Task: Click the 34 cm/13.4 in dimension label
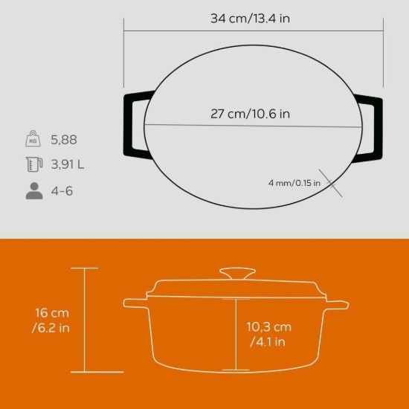[251, 19]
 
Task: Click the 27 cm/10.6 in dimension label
[249, 114]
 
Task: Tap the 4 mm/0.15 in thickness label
[294, 182]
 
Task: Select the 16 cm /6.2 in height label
[52, 319]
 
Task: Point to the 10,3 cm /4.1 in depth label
[268, 334]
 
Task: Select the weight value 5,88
[64, 139]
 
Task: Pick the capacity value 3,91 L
[67, 164]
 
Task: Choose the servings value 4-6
[62, 190]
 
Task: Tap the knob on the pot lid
[236, 273]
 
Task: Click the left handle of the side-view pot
[135, 303]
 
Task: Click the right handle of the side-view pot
[337, 303]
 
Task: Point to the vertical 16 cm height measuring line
[86, 320]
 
